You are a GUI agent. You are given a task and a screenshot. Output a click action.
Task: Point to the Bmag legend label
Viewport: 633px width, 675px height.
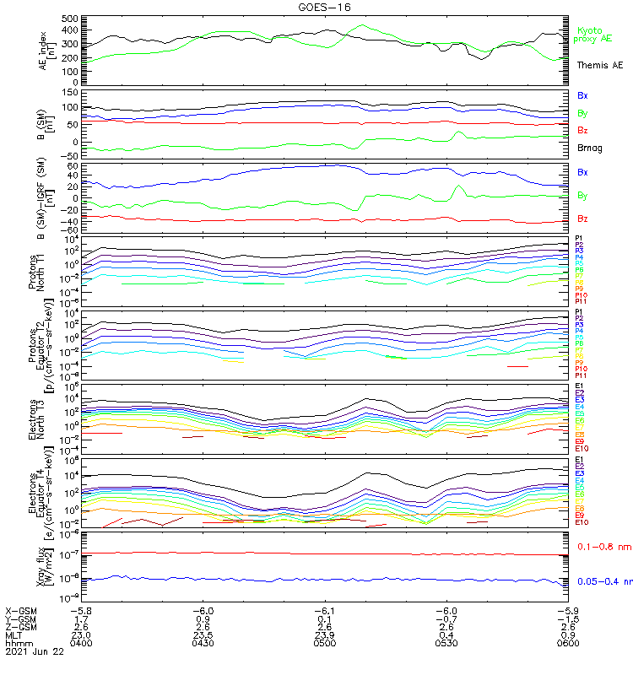tap(589, 148)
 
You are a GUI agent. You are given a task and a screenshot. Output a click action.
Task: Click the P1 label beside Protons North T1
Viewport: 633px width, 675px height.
tap(579, 239)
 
